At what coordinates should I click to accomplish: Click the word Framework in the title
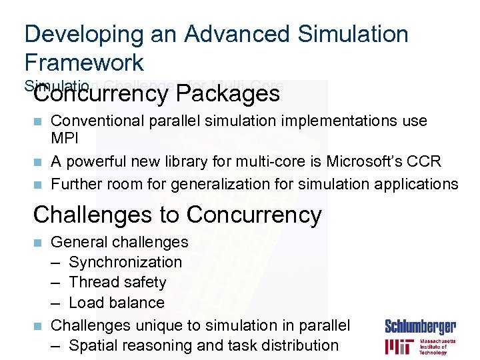84,62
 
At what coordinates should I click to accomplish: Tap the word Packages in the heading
228,94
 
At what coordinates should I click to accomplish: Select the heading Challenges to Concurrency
177,215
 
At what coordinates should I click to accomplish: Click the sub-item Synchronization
125,262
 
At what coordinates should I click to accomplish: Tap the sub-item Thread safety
117,282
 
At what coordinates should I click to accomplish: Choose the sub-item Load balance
117,303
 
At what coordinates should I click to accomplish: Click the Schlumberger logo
420,327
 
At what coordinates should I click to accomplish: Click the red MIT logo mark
399,347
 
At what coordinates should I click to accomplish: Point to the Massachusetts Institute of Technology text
437,347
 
